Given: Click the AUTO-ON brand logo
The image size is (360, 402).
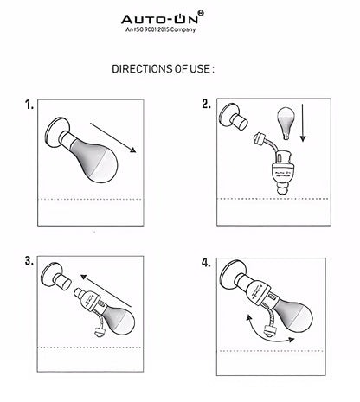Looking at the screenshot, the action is click(160, 20).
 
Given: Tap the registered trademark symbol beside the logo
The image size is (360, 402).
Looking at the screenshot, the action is click(201, 13).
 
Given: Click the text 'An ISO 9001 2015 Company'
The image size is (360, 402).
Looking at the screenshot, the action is click(160, 29).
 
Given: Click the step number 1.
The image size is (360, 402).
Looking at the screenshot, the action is click(29, 105).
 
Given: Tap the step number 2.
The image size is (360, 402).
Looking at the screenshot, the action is click(206, 104).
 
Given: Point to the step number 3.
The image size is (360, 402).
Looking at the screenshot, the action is click(29, 261).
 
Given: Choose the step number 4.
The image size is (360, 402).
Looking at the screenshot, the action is click(206, 263).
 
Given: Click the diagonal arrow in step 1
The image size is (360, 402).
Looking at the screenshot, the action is click(113, 137).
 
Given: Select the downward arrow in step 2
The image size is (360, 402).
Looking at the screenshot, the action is click(303, 123).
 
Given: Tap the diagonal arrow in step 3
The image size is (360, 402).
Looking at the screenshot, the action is click(106, 291).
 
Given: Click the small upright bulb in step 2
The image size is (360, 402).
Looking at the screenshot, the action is click(286, 123).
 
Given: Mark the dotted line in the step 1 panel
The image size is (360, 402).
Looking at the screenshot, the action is click(91, 199).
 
